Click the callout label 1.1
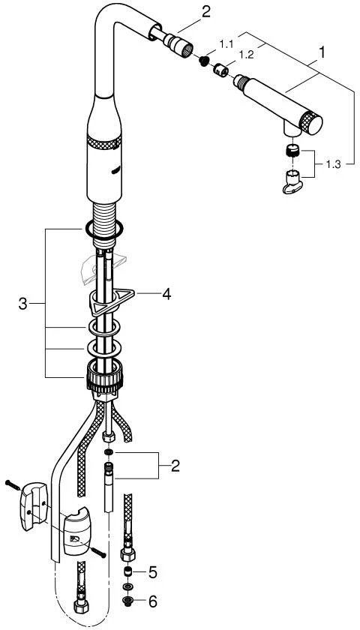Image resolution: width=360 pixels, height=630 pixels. click(227, 44)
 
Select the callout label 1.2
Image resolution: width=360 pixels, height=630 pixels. click(246, 55)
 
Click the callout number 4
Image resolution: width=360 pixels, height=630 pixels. click(166, 295)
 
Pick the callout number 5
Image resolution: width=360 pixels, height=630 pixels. click(153, 572)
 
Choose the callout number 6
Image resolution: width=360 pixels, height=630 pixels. click(153, 601)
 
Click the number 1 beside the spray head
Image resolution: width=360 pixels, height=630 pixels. click(322, 52)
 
